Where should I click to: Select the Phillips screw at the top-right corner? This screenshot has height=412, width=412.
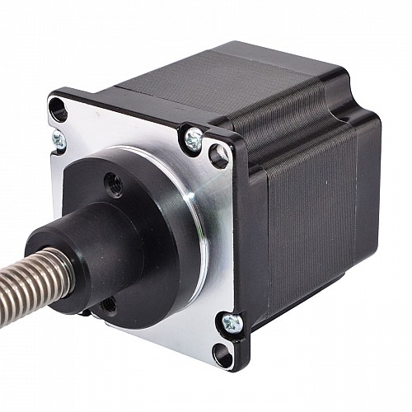pyautogui.click(x=194, y=140)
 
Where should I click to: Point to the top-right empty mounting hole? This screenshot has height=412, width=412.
pyautogui.click(x=218, y=154)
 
